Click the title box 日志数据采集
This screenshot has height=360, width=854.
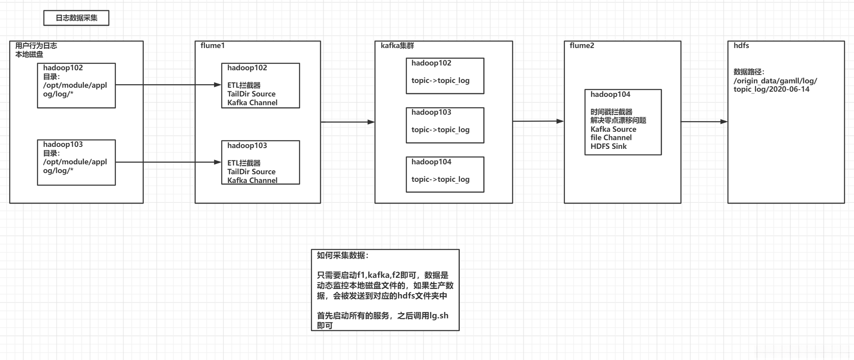tap(76, 18)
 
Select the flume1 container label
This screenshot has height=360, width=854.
tap(212, 46)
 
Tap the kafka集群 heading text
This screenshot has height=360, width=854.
tap(397, 46)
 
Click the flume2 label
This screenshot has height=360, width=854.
tap(582, 46)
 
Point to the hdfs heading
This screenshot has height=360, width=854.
tap(741, 46)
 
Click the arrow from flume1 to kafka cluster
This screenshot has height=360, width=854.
tap(347, 122)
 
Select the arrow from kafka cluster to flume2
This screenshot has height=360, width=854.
tap(538, 121)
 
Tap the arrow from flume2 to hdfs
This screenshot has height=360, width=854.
tap(704, 121)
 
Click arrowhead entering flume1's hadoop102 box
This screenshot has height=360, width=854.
tap(218, 85)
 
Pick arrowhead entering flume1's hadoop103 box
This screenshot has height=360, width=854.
tap(218, 162)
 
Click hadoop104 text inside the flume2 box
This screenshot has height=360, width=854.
tap(610, 94)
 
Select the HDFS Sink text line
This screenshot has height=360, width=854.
tap(608, 146)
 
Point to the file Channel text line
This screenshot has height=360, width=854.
tap(611, 138)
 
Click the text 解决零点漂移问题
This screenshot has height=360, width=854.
tap(618, 120)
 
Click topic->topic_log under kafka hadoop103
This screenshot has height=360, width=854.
tap(440, 130)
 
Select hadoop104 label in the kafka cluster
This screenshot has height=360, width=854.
tap(431, 162)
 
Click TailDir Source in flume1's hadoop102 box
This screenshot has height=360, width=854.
tap(251, 94)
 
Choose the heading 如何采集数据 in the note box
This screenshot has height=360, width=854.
tap(342, 256)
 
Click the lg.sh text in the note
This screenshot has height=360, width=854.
tap(439, 316)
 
